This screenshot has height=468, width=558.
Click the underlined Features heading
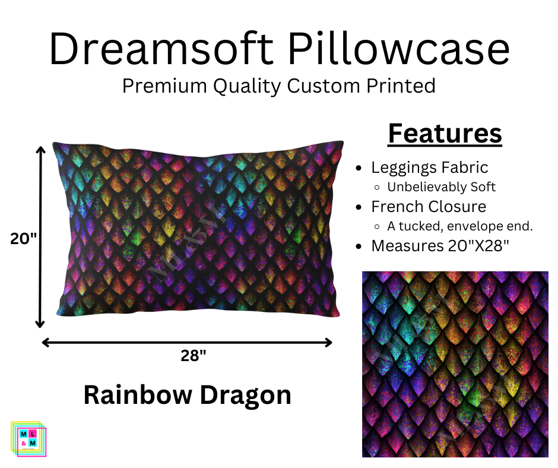445,134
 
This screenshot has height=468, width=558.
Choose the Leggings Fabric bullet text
429,167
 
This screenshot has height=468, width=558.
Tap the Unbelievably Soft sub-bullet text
441,186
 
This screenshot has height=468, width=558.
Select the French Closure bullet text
429,207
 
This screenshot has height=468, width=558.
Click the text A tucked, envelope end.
460,226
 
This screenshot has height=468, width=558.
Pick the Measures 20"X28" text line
440,245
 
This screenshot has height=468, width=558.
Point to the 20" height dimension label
23,238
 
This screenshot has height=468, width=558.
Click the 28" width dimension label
194,356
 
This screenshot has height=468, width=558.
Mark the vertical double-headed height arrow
40,238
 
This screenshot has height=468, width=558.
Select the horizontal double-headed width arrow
187,342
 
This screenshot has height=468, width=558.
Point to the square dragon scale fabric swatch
455,364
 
